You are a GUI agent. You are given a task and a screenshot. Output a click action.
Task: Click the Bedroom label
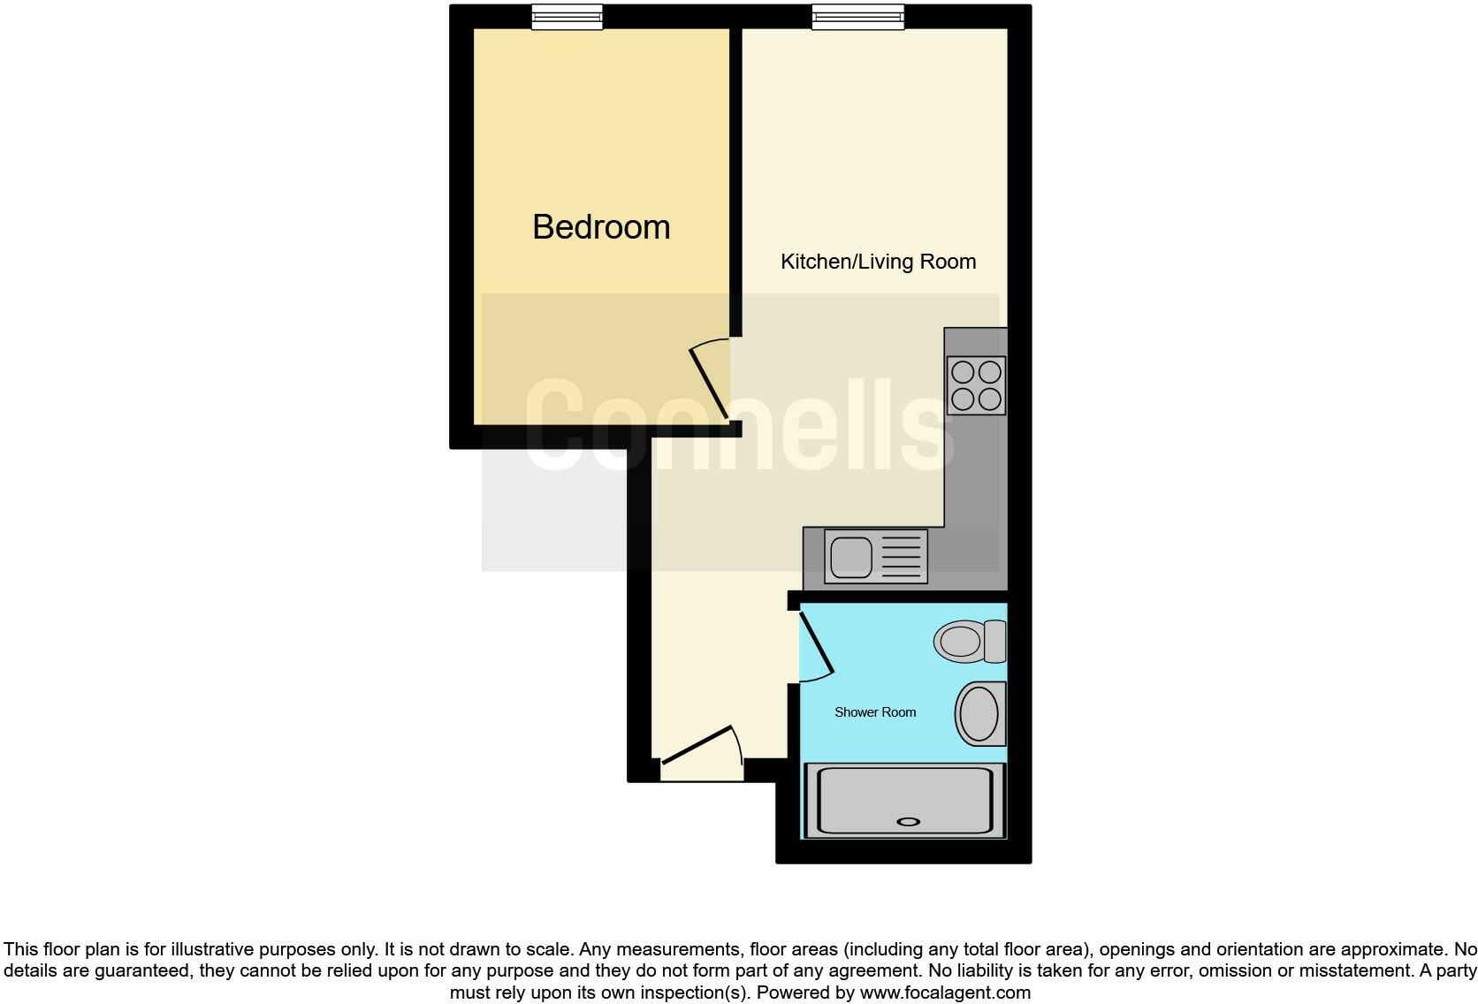click(x=601, y=227)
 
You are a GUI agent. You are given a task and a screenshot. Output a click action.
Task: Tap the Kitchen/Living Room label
click(x=878, y=262)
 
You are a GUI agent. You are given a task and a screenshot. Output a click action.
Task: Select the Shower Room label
click(x=875, y=712)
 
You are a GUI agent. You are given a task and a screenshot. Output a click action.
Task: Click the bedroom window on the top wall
click(x=567, y=17)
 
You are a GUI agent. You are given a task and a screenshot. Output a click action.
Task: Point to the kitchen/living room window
click(x=857, y=17)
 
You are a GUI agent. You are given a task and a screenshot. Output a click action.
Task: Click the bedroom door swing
click(x=709, y=380)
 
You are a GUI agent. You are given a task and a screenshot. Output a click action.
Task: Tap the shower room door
click(x=816, y=644)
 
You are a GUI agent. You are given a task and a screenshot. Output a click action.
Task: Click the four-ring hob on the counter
click(x=976, y=385)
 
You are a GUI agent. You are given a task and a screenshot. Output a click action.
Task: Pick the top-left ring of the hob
click(x=963, y=371)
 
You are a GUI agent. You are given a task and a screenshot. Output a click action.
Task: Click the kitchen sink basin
click(x=850, y=557)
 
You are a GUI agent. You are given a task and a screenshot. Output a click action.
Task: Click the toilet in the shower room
click(x=962, y=640)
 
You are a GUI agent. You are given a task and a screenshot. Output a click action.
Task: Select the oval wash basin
click(x=979, y=713)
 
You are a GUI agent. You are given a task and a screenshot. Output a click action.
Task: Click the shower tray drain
click(x=908, y=822)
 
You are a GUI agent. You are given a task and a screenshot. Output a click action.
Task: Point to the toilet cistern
click(x=995, y=641)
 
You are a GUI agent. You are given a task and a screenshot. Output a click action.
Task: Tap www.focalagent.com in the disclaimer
click(x=944, y=993)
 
